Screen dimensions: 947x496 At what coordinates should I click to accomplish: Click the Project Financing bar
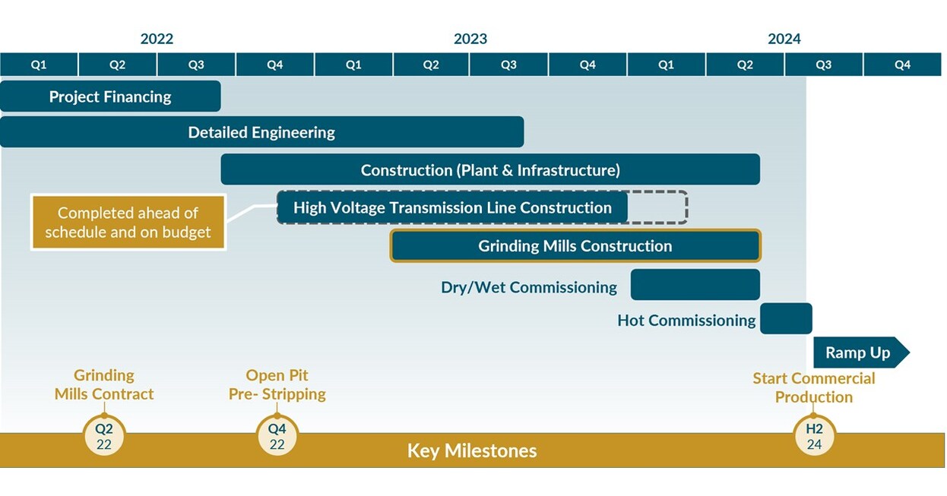(110, 96)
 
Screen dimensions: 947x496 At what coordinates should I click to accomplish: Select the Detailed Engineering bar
(262, 132)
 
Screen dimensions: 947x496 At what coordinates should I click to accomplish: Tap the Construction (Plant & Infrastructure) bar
(490, 169)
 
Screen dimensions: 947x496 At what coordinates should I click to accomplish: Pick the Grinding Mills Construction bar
(575, 246)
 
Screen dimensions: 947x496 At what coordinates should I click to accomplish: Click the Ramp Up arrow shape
(861, 352)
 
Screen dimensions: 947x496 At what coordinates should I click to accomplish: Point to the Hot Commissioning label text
(686, 321)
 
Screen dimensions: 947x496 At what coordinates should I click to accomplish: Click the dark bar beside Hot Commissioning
(786, 318)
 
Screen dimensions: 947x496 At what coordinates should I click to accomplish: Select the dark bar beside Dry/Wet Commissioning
(695, 285)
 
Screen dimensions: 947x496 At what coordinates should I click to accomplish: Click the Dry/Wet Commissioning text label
(529, 287)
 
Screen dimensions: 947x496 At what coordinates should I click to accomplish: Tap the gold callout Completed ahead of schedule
(128, 223)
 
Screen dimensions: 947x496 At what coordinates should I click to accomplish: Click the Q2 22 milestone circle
(104, 436)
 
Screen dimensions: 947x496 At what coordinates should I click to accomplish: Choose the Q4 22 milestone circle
(277, 436)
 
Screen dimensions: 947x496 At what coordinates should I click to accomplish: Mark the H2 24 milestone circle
(814, 436)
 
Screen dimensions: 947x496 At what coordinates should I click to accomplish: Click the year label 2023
(470, 39)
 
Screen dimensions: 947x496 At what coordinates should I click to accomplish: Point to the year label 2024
(784, 39)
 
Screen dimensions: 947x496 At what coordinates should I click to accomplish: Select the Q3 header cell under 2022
(196, 65)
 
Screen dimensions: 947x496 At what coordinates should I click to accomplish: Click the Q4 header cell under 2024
(902, 65)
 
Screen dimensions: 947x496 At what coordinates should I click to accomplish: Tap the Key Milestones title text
(472, 450)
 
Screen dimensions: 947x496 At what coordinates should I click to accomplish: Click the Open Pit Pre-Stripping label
(277, 384)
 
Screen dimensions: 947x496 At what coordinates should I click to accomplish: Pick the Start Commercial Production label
(814, 387)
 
